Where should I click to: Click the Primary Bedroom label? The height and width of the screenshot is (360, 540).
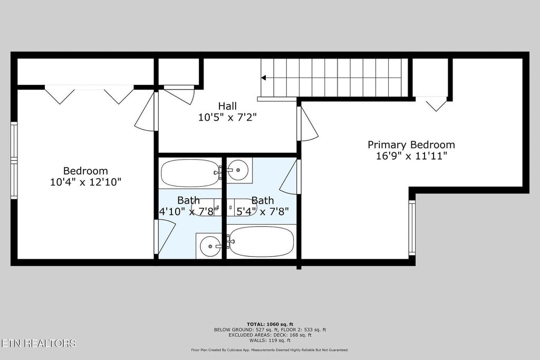[411, 144]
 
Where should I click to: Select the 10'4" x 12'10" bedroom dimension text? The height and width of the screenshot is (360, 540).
[85, 182]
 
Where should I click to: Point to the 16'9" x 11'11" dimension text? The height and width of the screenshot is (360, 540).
[411, 156]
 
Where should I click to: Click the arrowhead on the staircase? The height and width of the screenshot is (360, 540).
[264, 78]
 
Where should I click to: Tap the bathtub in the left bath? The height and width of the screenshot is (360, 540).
[190, 172]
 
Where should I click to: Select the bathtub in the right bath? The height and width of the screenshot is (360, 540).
[261, 241]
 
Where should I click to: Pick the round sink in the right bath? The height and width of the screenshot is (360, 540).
[238, 170]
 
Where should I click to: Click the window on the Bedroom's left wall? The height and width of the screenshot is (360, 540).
[14, 160]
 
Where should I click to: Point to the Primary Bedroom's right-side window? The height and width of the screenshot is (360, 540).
[412, 228]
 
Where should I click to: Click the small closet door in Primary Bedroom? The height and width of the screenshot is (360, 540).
[436, 104]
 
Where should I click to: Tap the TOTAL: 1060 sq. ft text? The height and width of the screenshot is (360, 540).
[270, 324]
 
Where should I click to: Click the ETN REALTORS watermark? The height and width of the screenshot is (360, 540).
[38, 343]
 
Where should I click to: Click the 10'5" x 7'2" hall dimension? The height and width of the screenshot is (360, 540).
[227, 118]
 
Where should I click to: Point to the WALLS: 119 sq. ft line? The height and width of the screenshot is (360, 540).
[270, 340]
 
